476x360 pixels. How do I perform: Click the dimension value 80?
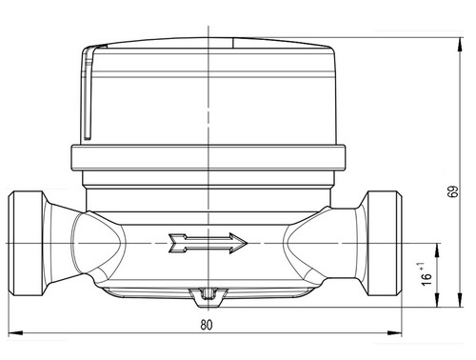207,325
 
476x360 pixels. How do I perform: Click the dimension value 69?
453,191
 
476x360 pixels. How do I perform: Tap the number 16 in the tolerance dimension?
427,279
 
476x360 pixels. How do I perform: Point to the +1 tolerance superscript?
422,267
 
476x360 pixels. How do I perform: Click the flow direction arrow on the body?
208,243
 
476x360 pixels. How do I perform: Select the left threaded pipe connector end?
26,244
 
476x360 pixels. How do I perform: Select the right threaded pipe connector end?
385,244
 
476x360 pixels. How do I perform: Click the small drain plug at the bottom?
208,297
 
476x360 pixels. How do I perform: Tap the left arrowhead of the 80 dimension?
15,333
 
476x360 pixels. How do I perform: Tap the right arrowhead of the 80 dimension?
395,333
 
